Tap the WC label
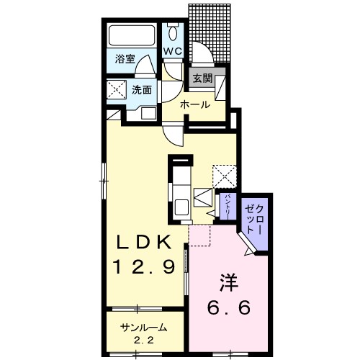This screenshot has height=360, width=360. coord(173,52)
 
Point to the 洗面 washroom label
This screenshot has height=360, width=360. coord(141,90)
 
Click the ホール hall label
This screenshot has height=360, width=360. coord(195,105)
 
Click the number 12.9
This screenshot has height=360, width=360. coord(143,268)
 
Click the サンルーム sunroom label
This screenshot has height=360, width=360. coord(143,328)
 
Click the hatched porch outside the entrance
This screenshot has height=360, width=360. coord(212,32)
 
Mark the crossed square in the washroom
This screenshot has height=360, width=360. coord(115,90)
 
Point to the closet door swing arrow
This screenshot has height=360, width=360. coord(250,250)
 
